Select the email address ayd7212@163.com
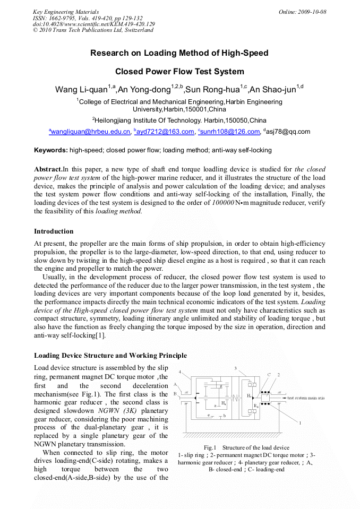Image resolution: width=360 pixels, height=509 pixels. click(165, 132)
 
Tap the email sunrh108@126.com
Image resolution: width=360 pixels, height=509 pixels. click(230, 132)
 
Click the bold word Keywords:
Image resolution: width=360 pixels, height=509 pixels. click(51, 150)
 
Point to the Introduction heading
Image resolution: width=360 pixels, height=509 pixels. click(54, 231)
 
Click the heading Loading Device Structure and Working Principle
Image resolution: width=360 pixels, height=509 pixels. click(110, 356)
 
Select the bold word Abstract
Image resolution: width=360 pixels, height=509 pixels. click(48, 169)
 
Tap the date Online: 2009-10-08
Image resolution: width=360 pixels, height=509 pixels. click(302, 12)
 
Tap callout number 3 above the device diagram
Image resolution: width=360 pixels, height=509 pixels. click(235, 368)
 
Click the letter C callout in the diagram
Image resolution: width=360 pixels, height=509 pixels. click(269, 375)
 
